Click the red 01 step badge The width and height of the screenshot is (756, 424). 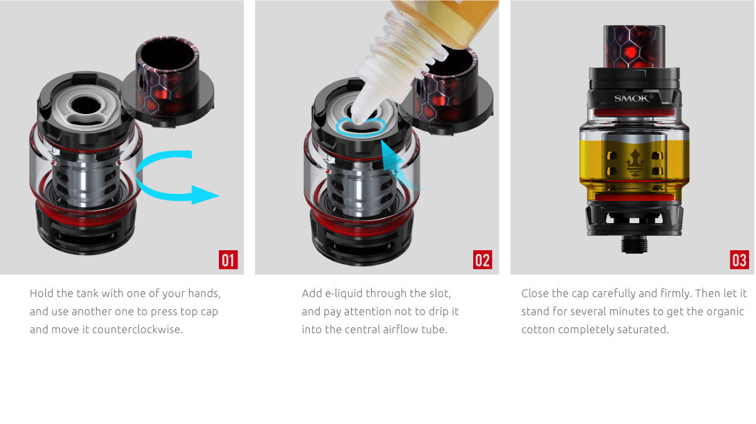click(x=229, y=260)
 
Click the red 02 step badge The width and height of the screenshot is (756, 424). click(x=482, y=260)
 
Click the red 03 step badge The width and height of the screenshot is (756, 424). click(x=739, y=260)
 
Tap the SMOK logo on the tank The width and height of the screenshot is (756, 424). click(x=633, y=98)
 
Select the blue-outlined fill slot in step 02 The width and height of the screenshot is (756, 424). click(x=360, y=127)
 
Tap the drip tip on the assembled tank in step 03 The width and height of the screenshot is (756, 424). click(x=633, y=45)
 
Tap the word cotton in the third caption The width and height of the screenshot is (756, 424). click(x=539, y=329)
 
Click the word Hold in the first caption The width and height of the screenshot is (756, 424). click(x=42, y=293)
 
